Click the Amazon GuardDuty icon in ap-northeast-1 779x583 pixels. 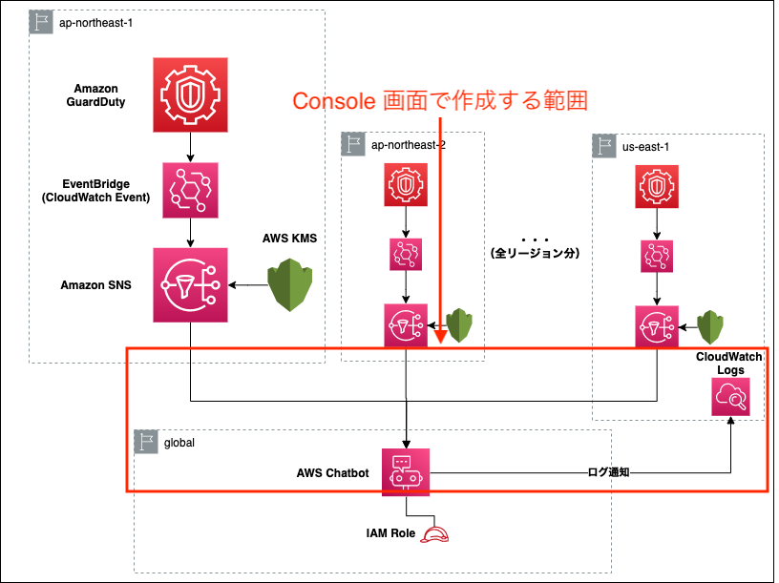(190, 94)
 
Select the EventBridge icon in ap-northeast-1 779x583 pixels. (190, 191)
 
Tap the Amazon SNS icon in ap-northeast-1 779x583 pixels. (190, 284)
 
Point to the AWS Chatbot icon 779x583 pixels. (407, 471)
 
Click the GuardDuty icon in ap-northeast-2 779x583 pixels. (407, 186)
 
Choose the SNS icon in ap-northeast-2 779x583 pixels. (407, 325)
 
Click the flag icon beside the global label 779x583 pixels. (147, 442)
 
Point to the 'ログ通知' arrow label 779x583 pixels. (609, 471)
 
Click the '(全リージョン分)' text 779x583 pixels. (536, 254)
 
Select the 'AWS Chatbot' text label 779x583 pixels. (332, 472)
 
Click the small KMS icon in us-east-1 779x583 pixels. (707, 327)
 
